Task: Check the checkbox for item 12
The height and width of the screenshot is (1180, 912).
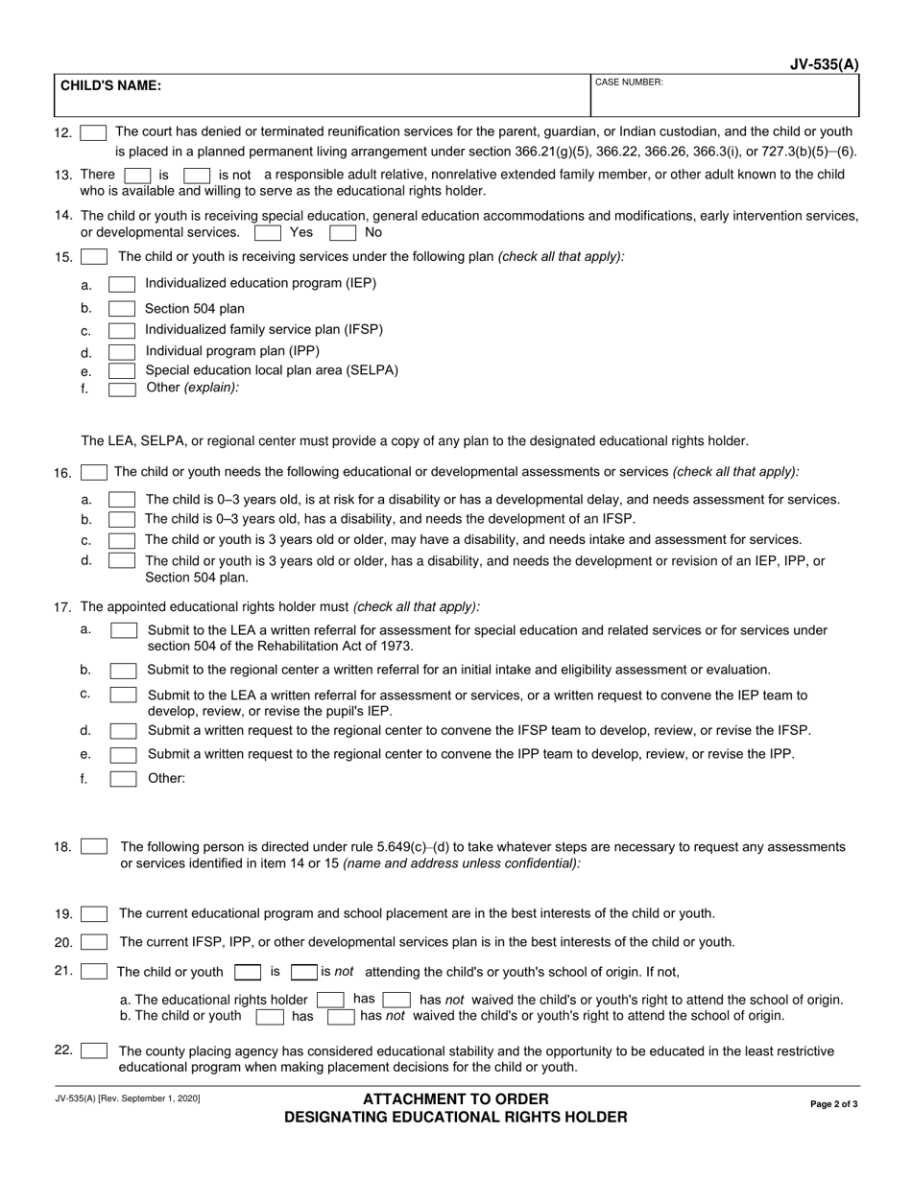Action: pyautogui.click(x=93, y=133)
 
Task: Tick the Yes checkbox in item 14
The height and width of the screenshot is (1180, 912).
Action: pyautogui.click(x=268, y=232)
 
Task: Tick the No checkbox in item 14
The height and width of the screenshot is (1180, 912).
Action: pyautogui.click(x=343, y=232)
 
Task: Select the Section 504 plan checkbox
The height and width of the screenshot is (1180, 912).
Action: pyautogui.click(x=122, y=309)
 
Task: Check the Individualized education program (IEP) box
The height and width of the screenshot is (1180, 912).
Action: pyautogui.click(x=122, y=284)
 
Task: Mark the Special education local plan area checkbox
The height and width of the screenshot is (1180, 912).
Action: pyautogui.click(x=122, y=370)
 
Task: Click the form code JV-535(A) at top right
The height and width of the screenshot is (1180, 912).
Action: pyautogui.click(x=825, y=65)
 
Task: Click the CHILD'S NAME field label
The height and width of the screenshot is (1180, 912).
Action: pyautogui.click(x=111, y=85)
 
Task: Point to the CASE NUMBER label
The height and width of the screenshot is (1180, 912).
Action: pyautogui.click(x=629, y=83)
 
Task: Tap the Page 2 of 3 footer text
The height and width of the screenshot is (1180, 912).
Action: pyautogui.click(x=834, y=1104)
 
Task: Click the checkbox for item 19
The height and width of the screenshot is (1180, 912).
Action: pyautogui.click(x=94, y=914)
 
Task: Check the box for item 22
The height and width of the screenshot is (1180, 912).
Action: pyautogui.click(x=94, y=1051)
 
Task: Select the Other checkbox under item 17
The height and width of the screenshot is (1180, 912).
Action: pyautogui.click(x=123, y=779)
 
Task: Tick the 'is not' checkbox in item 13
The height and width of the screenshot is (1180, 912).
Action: pyautogui.click(x=197, y=176)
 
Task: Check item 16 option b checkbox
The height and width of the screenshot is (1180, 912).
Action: pyautogui.click(x=122, y=519)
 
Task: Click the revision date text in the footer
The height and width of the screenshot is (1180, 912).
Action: pyautogui.click(x=128, y=1098)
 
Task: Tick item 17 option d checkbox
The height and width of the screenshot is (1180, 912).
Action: pyautogui.click(x=123, y=731)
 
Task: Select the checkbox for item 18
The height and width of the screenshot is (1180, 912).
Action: pyautogui.click(x=94, y=847)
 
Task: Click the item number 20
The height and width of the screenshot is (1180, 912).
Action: pyautogui.click(x=63, y=943)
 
